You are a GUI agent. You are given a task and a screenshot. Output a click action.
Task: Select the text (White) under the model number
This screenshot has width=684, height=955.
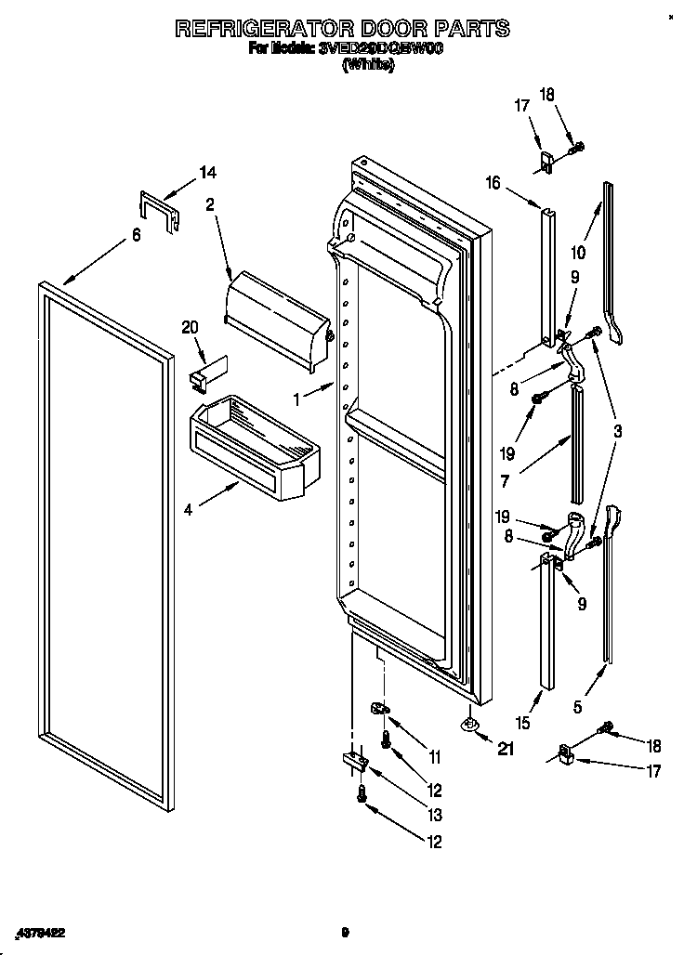(368, 65)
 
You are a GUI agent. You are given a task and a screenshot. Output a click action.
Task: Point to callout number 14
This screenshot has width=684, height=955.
(207, 172)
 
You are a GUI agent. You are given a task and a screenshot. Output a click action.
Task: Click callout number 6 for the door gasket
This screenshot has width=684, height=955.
(137, 235)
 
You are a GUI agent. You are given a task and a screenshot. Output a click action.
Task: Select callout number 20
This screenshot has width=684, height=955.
(191, 326)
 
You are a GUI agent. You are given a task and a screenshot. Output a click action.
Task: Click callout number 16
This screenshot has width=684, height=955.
(493, 183)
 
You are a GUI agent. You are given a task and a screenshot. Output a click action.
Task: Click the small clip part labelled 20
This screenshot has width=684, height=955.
(203, 372)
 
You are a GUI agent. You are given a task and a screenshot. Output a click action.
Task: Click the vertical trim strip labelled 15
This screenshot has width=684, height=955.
(546, 622)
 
